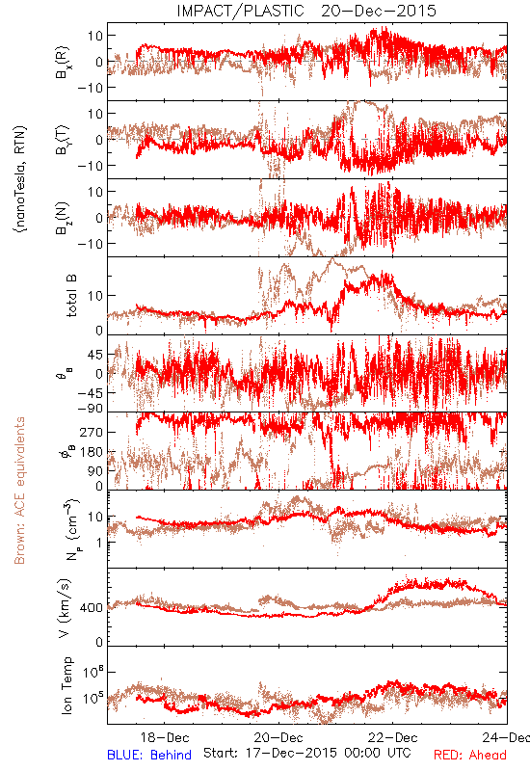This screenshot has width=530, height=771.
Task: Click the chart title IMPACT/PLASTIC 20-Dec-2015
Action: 306,11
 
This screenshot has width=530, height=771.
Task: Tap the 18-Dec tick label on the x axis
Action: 165,737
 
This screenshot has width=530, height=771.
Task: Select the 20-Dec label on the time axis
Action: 278,737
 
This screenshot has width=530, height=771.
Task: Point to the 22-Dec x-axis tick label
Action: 393,737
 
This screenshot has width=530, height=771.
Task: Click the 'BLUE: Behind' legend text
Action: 149,755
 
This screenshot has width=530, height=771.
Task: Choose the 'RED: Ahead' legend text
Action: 470,755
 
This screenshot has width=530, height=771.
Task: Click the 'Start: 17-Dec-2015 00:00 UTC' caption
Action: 307,753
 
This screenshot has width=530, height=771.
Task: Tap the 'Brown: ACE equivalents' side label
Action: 19,491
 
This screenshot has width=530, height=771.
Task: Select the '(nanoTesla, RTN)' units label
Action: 20,179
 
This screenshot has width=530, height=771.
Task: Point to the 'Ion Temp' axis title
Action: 66,685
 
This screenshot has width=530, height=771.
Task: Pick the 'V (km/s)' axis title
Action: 65,608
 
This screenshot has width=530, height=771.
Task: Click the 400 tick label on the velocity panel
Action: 93,608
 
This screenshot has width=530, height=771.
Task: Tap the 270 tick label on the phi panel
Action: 93,432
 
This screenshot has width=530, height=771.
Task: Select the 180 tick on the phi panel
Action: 93,452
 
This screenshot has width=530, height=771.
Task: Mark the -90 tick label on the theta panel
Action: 90,408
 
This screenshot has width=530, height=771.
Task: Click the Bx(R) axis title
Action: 63,62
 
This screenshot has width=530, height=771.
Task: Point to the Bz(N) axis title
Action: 63,218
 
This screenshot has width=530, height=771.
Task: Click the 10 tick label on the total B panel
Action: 96,296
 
